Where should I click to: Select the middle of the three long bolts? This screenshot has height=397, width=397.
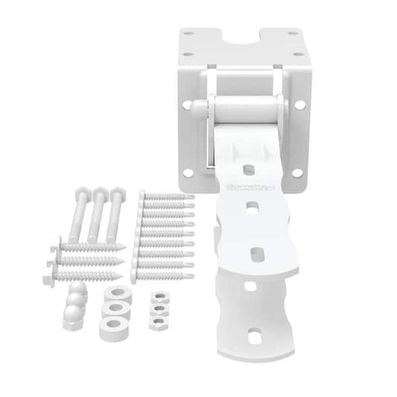point(98,216)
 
